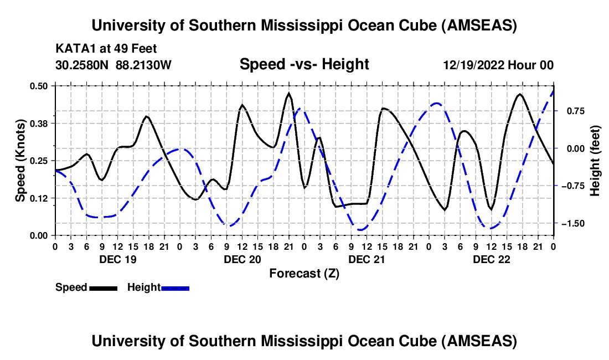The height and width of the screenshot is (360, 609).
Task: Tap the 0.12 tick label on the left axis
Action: [39, 198]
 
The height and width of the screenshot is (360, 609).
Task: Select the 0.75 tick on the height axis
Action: [571, 111]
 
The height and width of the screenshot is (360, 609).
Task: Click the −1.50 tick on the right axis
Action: [570, 223]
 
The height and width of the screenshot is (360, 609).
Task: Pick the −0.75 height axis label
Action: [570, 186]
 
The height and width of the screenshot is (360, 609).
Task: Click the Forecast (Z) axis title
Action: [304, 274]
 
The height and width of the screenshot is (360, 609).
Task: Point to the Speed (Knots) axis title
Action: [20, 161]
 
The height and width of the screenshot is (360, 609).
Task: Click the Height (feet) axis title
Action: [595, 161]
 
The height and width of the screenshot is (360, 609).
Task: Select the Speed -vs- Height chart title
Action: [304, 65]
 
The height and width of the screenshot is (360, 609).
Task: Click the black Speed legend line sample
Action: [103, 288]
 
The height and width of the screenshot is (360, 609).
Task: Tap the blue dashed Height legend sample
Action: [176, 288]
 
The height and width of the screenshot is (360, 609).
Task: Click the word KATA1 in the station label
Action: [73, 48]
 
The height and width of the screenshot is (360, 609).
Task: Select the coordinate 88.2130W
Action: [143, 65]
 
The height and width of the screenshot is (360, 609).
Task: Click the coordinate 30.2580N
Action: [83, 65]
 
